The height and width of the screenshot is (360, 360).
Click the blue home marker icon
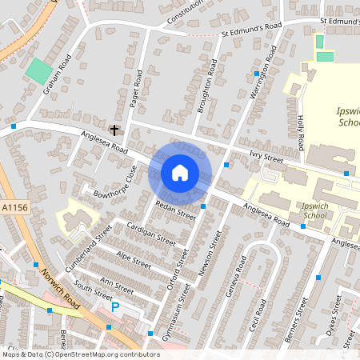[x=180, y=172]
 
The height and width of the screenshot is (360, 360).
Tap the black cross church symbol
[x=114, y=130]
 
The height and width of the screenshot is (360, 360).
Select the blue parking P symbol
[x=115, y=306]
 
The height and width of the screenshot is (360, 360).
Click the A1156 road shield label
[x=14, y=207]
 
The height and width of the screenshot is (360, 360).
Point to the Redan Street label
[x=176, y=210]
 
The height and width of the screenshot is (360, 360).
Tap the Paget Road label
[x=135, y=88]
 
